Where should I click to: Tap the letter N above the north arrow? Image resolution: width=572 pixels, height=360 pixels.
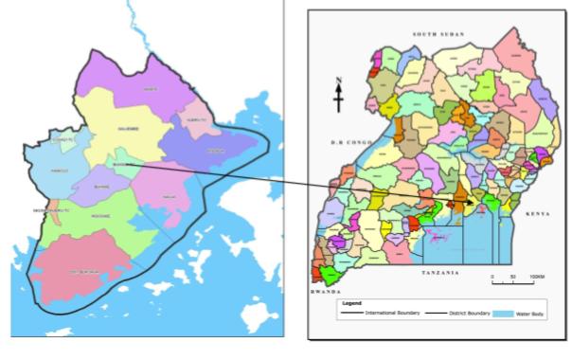point(338,81)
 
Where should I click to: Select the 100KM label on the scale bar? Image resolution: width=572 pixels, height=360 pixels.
point(537,277)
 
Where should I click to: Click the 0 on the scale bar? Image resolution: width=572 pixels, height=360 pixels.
point(492,277)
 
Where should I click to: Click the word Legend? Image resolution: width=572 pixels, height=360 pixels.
point(352,303)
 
